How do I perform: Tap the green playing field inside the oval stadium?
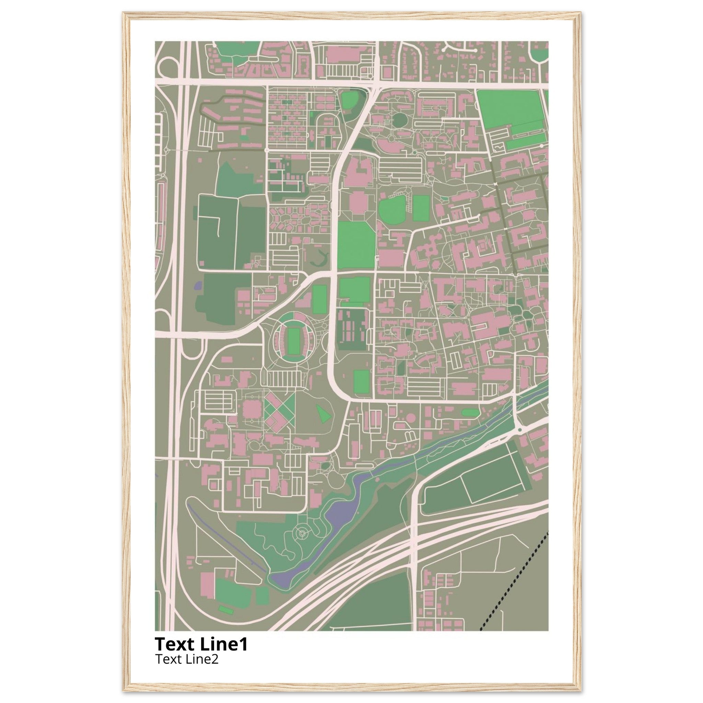tap(293, 341)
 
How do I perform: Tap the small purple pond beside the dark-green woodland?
tap(198, 285)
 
